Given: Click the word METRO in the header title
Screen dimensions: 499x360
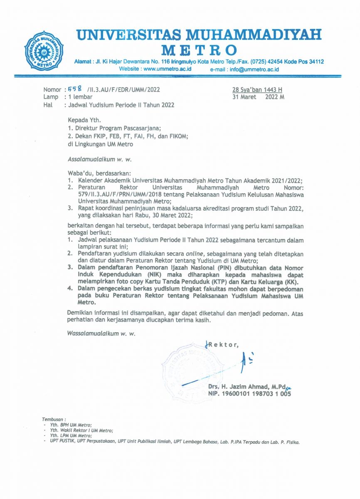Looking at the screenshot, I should pyautogui.click(x=199, y=51).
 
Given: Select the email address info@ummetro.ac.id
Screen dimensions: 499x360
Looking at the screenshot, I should pyautogui.click(x=254, y=69).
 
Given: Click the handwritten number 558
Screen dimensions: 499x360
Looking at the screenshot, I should pyautogui.click(x=75, y=89).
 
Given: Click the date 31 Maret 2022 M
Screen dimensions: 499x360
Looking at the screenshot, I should pyautogui.click(x=258, y=97).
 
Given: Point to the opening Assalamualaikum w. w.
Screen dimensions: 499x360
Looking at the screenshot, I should pyautogui.click(x=96, y=158).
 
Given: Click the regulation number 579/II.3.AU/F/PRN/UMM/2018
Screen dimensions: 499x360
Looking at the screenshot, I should pyautogui.click(x=116, y=194).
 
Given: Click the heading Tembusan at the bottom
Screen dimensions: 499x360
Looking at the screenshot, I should pyautogui.click(x=54, y=419).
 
